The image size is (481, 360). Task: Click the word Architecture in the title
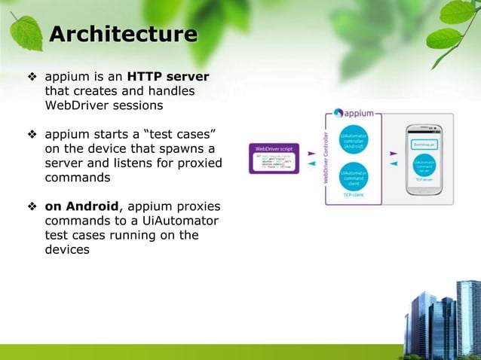(123, 35)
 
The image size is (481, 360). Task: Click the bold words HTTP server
(168, 77)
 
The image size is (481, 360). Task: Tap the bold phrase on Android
(80, 207)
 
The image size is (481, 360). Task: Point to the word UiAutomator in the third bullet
(173, 221)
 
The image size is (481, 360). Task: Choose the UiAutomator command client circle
(354, 178)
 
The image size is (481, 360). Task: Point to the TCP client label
(354, 197)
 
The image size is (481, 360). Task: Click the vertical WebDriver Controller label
(326, 159)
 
